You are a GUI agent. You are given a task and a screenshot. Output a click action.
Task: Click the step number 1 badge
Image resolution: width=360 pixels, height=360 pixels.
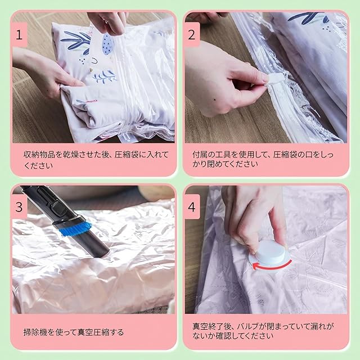pos(20,35)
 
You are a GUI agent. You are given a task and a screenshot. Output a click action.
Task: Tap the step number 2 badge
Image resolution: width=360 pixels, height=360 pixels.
pos(192,35)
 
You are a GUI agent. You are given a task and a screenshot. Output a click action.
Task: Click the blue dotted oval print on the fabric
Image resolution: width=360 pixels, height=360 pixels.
pos(107,44)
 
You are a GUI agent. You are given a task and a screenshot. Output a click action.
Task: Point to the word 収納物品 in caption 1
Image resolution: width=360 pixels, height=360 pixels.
pos(39,155)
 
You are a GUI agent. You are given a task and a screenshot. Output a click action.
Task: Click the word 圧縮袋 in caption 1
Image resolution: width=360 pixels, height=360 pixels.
pos(127,155)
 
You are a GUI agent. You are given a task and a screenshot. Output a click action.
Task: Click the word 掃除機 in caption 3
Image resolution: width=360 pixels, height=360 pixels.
pos(35,332)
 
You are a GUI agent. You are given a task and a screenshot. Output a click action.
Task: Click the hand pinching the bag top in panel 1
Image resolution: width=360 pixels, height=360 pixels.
pos(107,22)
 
